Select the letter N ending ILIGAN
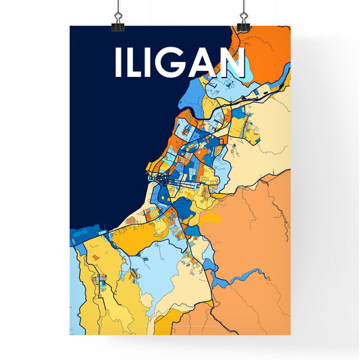pos(231,63)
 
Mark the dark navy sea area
pos(108,135)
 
